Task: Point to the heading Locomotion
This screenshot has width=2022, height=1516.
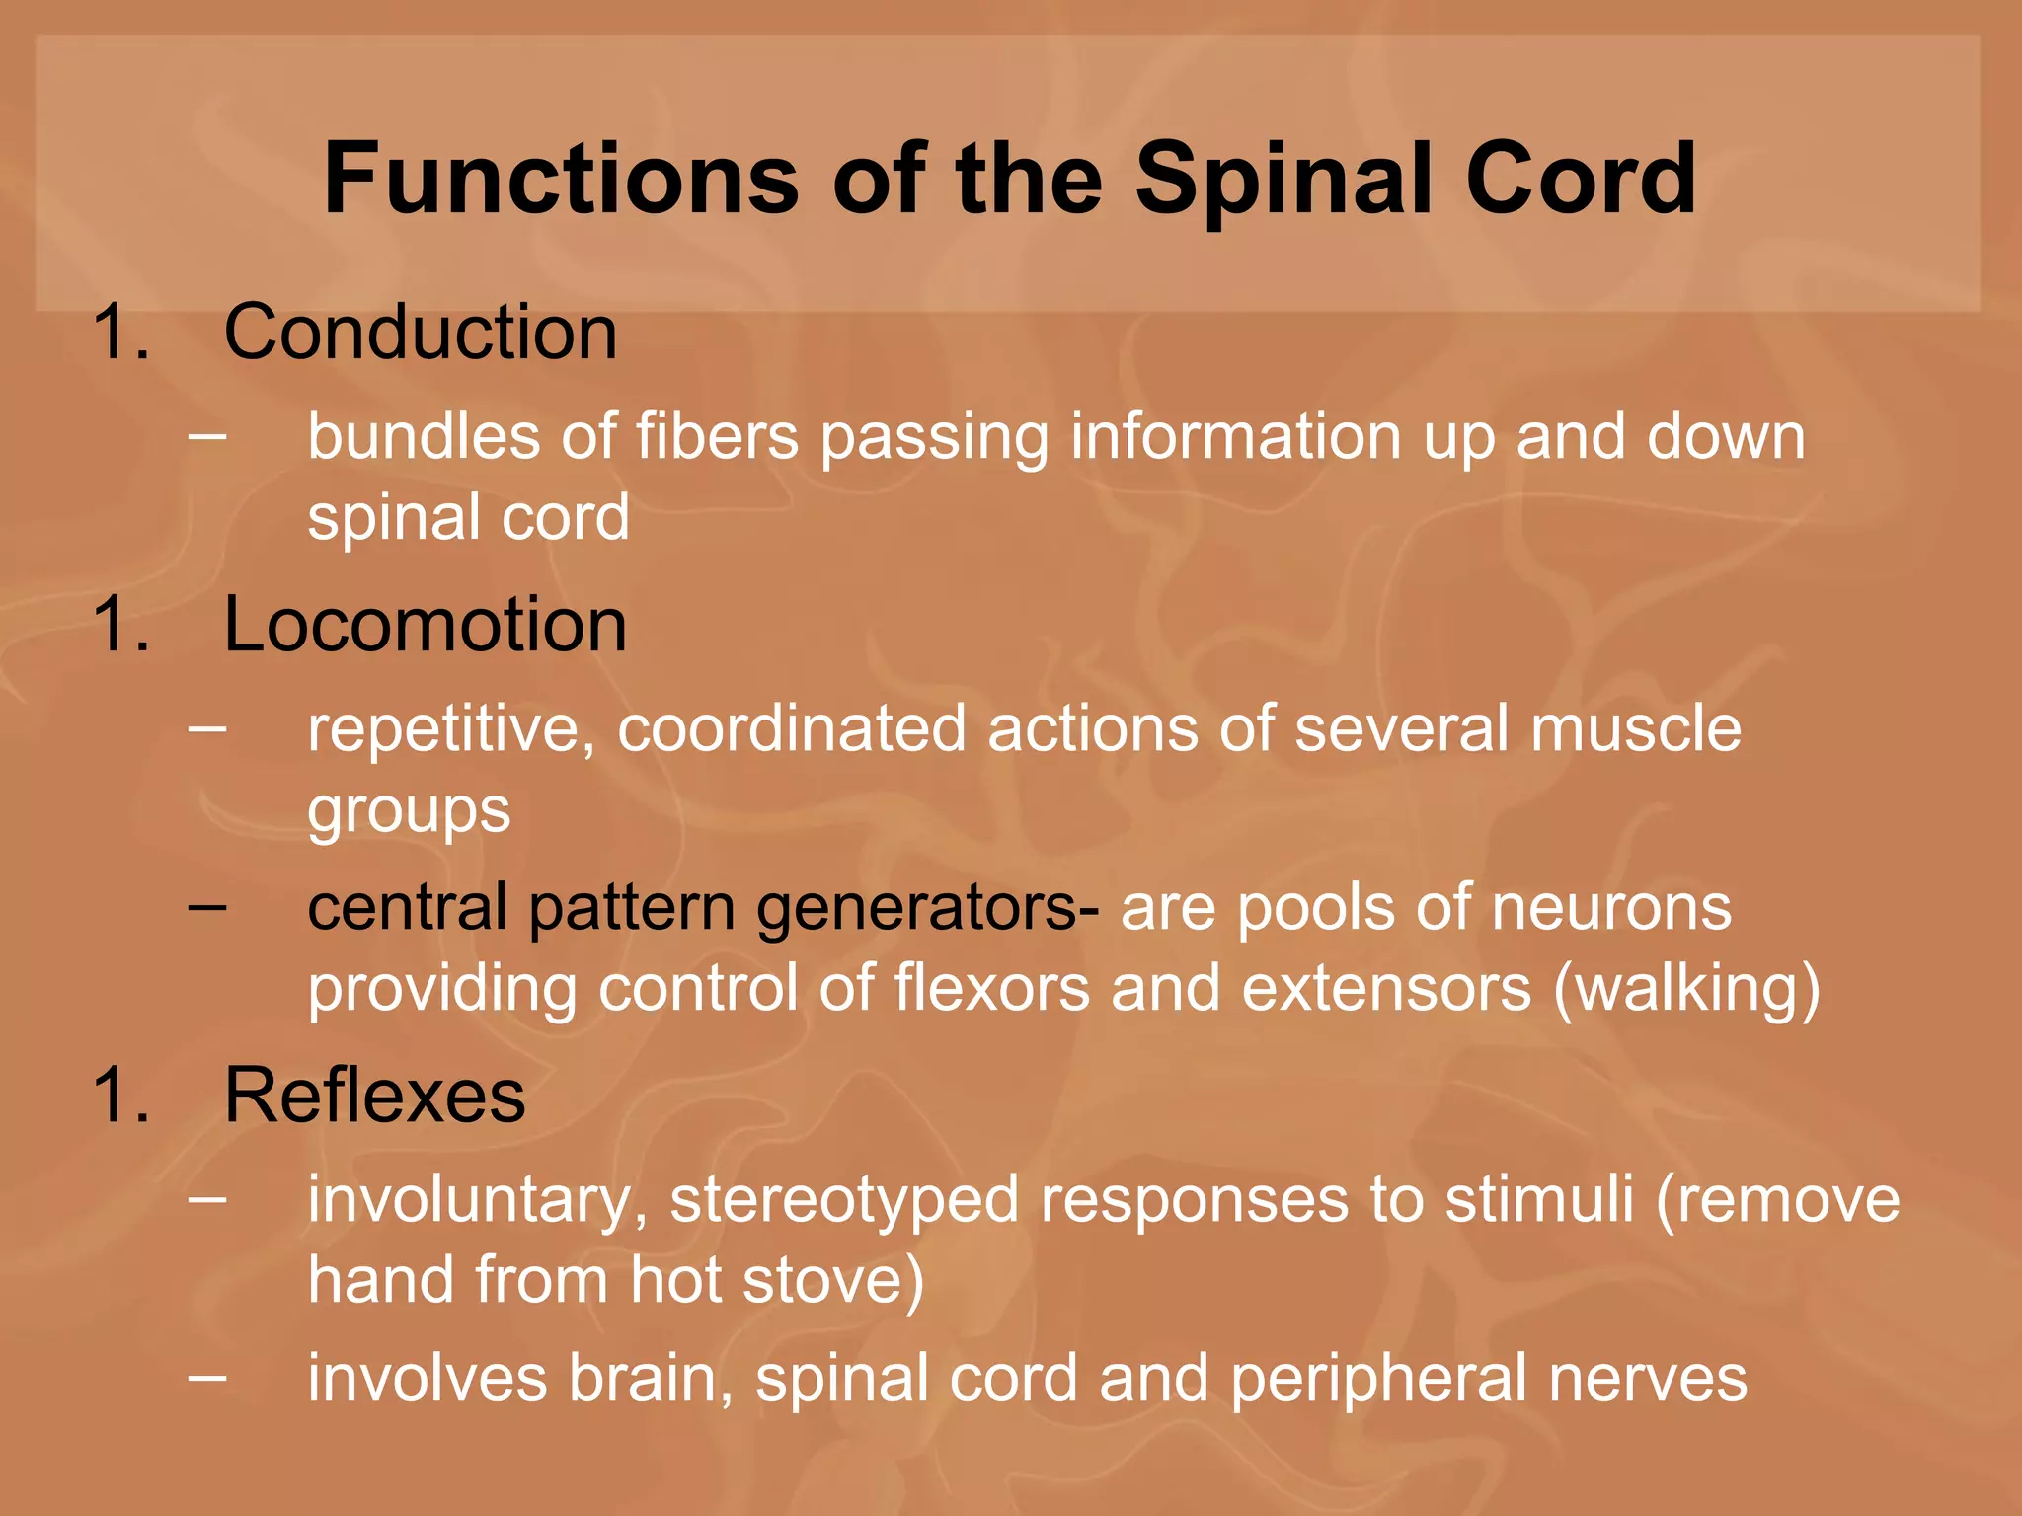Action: point(426,625)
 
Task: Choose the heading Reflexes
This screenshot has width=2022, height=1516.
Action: point(374,1096)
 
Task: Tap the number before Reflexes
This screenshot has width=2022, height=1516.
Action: point(118,1096)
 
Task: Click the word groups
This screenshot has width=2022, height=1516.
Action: point(409,811)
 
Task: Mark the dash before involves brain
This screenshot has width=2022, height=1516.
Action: point(207,1376)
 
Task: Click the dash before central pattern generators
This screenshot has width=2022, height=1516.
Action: point(207,905)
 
